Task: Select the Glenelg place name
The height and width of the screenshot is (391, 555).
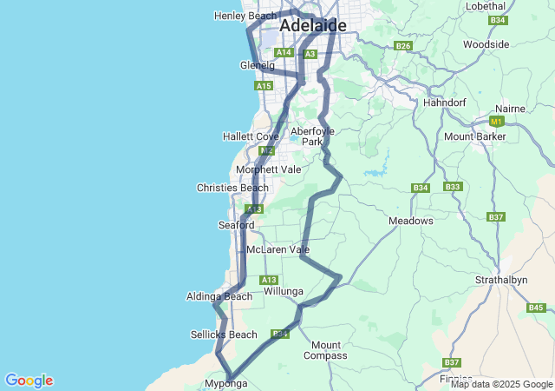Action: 257,65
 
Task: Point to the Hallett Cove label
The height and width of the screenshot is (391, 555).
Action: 250,136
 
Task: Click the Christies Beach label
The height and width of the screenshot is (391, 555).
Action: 232,188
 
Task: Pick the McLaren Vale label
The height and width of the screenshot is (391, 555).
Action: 277,249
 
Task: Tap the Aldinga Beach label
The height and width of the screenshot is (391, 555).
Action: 219,296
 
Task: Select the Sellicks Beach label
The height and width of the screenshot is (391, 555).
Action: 224,335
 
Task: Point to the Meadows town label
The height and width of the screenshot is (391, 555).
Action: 410,221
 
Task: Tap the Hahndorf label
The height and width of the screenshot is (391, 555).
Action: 445,103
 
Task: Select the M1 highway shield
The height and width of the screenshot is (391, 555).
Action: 497,122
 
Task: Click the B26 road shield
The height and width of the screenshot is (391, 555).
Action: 402,45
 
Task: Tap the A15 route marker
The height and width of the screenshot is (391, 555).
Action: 264,86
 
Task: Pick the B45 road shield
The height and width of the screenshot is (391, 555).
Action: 535,308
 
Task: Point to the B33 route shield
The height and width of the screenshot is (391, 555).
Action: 452,187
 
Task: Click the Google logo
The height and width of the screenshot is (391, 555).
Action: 29,381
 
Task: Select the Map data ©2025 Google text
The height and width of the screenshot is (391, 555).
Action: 501,384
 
